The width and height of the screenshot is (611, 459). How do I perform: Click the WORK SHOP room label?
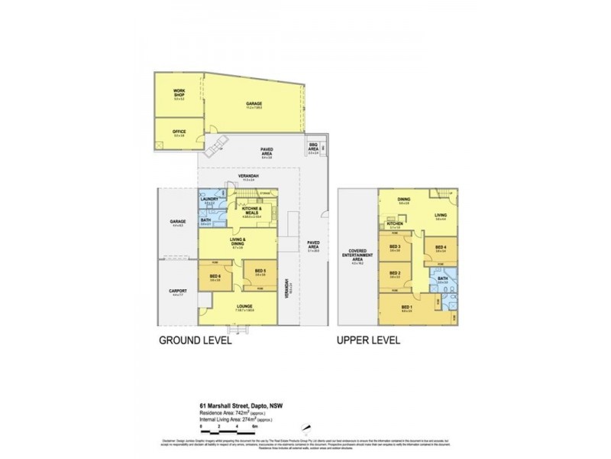(179, 95)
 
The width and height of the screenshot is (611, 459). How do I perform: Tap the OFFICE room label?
(179, 132)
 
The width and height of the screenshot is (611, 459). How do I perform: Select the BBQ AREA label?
(313, 146)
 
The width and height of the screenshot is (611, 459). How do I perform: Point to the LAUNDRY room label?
(212, 200)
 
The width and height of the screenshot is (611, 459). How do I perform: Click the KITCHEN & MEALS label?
(253, 211)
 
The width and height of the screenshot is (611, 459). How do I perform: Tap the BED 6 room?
(215, 278)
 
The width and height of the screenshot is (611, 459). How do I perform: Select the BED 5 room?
(259, 271)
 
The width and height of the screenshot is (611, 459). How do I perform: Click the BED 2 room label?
(395, 274)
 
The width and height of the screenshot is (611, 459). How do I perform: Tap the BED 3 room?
(395, 247)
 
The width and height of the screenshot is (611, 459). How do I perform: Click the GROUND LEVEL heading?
(194, 340)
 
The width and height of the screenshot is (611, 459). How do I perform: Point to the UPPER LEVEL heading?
(370, 340)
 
